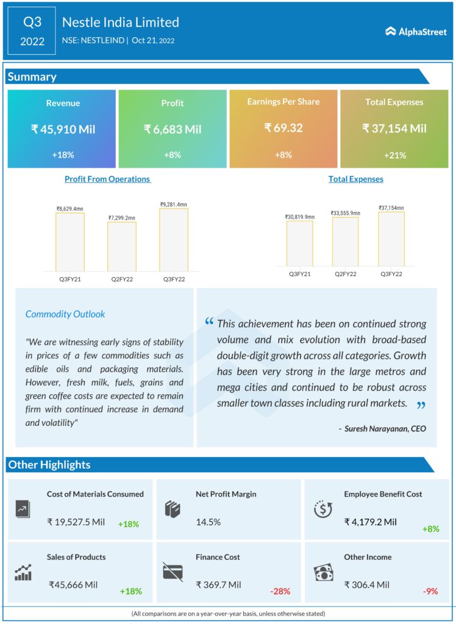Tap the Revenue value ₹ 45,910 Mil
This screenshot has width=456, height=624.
63,129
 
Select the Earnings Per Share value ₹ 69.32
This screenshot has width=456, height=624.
284,128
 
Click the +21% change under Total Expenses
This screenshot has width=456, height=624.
394,155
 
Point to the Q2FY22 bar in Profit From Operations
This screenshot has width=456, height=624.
122,246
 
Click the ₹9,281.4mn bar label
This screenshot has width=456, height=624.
174,205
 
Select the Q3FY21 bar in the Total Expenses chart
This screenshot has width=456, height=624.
299,243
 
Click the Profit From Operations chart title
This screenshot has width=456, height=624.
107,179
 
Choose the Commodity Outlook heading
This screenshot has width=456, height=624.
65,314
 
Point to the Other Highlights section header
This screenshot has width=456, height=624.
49,465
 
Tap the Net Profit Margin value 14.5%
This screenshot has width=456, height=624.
208,522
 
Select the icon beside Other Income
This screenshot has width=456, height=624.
322,572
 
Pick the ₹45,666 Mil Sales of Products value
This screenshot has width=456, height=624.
73,584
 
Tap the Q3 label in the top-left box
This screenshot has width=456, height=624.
32,23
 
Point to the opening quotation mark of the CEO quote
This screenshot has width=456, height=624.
209,321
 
